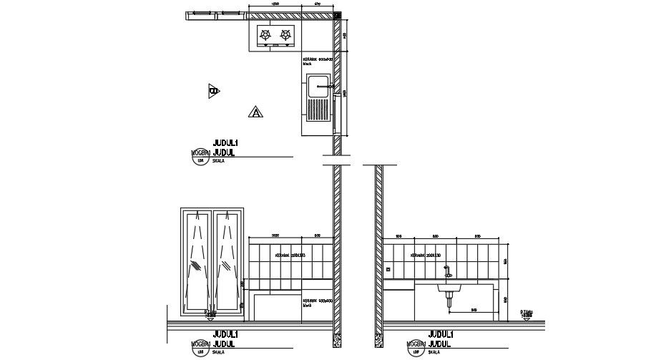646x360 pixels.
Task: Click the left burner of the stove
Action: (x=265, y=34)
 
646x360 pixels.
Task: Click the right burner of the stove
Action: (x=286, y=34)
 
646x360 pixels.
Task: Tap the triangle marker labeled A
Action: (x=255, y=112)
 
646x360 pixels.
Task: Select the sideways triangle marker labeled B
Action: (x=214, y=90)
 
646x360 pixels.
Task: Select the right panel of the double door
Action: (x=228, y=261)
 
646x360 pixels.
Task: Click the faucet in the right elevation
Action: (x=447, y=273)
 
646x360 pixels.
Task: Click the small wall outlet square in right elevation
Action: (x=388, y=269)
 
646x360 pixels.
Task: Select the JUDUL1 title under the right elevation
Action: (x=441, y=334)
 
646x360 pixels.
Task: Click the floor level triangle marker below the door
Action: (x=210, y=313)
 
